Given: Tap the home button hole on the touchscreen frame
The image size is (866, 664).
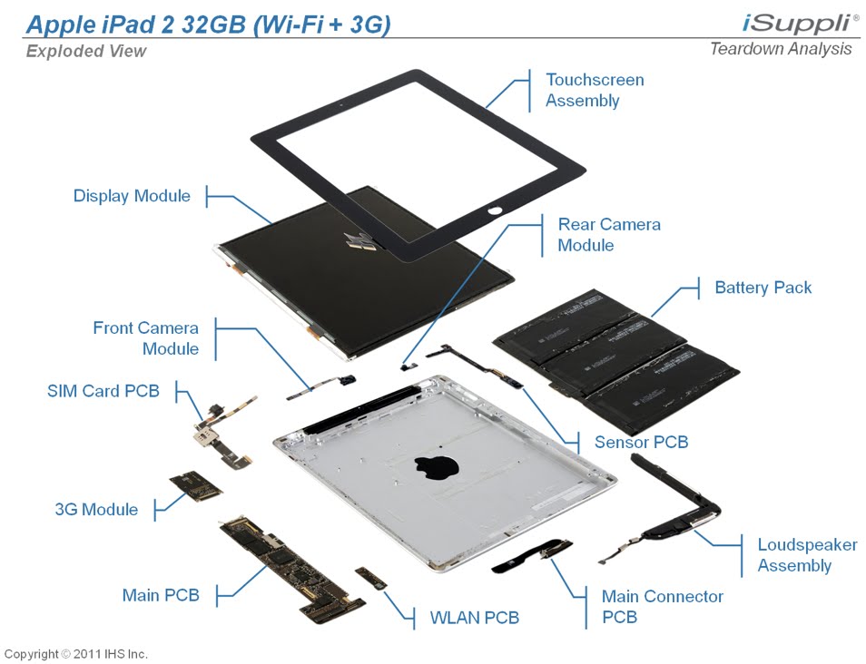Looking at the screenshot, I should click(495, 211).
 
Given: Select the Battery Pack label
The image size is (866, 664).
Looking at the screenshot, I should click(763, 288).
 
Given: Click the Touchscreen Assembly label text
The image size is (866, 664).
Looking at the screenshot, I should click(595, 90).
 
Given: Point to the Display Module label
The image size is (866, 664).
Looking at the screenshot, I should click(132, 196).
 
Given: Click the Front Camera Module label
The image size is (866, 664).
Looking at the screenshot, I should click(145, 338).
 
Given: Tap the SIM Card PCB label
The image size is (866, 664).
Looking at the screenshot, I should click(103, 391).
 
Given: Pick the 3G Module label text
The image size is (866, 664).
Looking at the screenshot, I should click(96, 509).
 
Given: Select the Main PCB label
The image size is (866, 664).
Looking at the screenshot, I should click(161, 596).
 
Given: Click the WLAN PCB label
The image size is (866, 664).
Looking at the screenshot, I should click(474, 618).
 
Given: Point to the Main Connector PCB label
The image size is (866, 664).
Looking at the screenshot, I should click(663, 607).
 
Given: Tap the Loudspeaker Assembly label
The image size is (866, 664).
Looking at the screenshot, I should click(807, 555).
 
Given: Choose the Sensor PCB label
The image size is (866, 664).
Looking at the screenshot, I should click(641, 442).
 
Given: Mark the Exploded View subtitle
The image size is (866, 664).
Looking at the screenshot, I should click(85, 51).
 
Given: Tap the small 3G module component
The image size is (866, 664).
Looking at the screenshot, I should click(195, 485).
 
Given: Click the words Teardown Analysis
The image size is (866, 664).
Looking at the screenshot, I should click(781, 49).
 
